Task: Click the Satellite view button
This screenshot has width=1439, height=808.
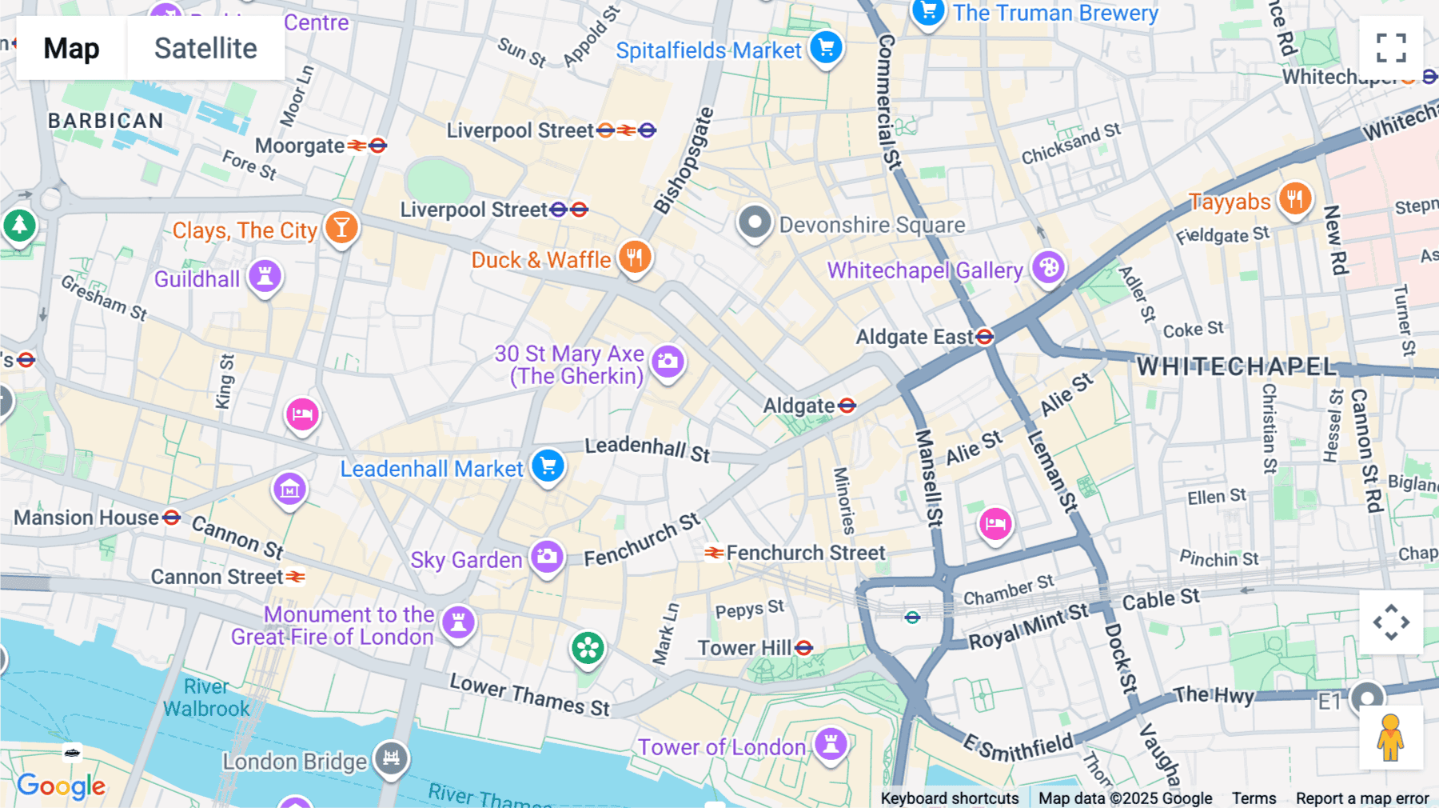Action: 205,48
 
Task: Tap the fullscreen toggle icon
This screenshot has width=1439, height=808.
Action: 1391,48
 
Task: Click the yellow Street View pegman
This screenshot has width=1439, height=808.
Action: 1391,738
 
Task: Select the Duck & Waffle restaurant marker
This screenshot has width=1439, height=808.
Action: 635,258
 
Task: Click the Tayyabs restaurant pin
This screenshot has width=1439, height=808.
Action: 1295,198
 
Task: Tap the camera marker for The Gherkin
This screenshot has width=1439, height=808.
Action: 668,362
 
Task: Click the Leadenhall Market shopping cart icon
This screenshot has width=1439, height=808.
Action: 548,466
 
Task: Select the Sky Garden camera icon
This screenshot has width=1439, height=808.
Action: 548,556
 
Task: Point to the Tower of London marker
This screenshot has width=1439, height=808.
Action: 831,744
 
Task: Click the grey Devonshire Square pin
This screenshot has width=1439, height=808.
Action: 755,222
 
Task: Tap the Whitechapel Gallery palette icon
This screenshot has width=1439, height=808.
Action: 1048,267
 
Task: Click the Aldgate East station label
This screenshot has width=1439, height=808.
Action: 915,337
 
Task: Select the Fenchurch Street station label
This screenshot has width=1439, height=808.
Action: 805,553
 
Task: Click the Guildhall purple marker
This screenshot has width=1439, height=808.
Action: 265,276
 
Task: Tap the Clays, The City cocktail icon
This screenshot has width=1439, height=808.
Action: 341,227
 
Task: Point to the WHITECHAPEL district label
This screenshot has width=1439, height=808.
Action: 1236,366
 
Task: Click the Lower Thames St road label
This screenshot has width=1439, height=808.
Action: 529,694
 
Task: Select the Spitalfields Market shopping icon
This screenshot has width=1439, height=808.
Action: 826,47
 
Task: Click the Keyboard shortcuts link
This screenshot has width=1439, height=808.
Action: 949,798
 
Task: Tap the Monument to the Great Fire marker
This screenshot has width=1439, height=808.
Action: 459,622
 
